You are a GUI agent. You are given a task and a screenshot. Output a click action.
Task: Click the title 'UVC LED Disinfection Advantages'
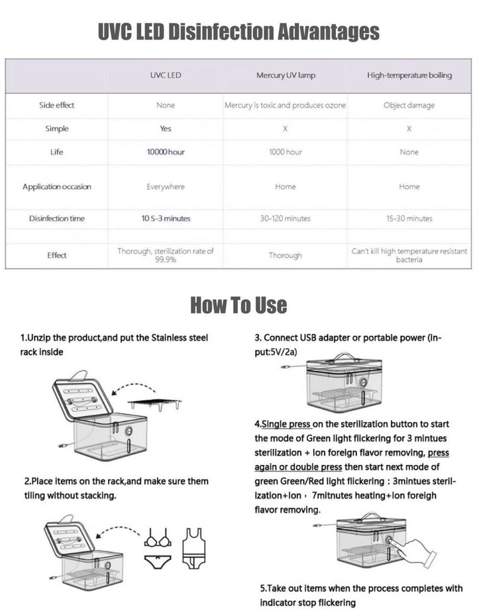[x=238, y=31]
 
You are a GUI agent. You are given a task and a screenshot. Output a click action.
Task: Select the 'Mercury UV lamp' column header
[x=286, y=75]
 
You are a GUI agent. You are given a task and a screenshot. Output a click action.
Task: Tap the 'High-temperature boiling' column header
[x=409, y=75]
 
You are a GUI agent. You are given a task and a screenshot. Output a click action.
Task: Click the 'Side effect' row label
[x=57, y=105]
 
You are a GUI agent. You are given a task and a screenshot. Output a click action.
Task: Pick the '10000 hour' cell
[x=166, y=152]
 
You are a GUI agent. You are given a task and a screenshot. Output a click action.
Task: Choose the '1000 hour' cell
[x=286, y=152]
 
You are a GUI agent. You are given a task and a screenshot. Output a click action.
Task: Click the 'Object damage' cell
[x=409, y=105]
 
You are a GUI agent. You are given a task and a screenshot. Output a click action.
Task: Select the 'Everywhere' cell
[x=166, y=187]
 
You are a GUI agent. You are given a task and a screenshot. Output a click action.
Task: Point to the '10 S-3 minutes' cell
[x=166, y=218]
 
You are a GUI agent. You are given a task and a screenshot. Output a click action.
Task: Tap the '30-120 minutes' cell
[x=286, y=218]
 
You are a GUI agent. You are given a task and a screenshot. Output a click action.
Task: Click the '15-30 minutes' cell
[x=409, y=218]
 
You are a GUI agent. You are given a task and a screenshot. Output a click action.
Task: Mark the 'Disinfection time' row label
[x=57, y=218]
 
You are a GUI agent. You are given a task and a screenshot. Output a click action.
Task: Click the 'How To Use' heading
[x=238, y=305]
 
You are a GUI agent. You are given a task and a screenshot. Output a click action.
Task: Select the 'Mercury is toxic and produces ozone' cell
[x=286, y=105]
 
